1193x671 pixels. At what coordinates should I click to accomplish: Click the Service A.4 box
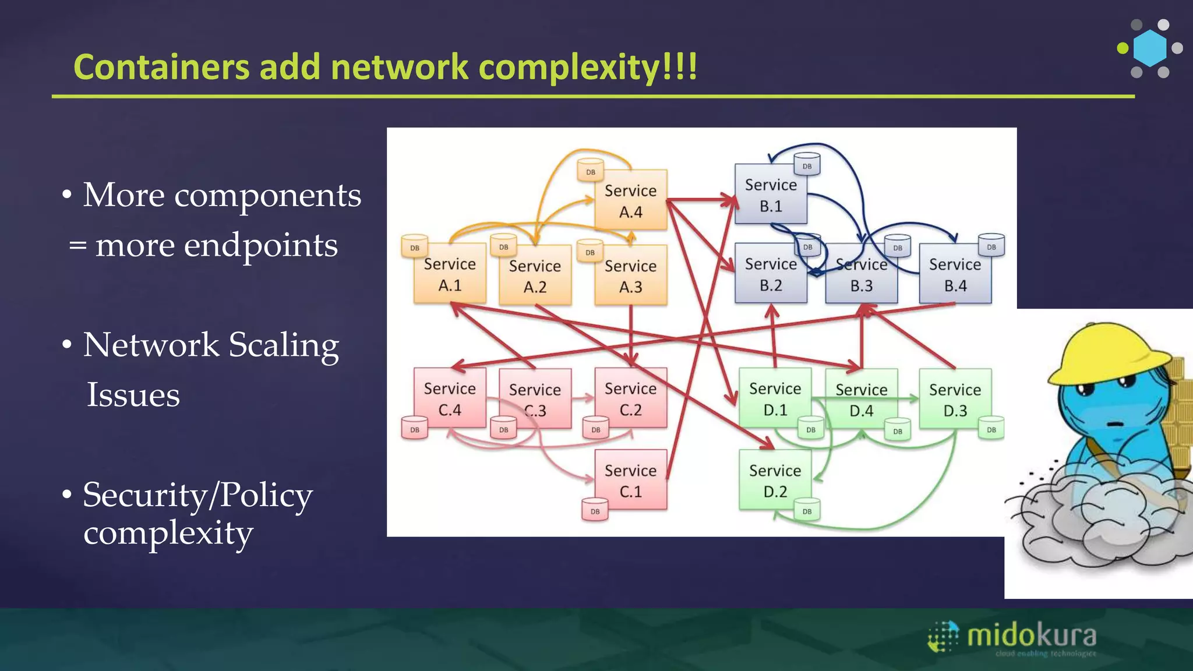click(x=630, y=201)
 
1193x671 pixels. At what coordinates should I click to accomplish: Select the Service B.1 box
click(x=770, y=195)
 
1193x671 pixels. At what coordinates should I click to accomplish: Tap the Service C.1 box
click(x=630, y=481)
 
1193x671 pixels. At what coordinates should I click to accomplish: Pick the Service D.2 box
click(x=775, y=481)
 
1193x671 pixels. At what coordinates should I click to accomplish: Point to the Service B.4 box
click(x=955, y=274)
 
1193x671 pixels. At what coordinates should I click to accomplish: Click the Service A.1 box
click(x=449, y=274)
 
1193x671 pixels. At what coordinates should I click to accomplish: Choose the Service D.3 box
click(x=955, y=400)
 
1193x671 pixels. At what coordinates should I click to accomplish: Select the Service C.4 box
click(x=449, y=399)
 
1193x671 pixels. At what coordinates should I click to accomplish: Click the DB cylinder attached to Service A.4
click(x=591, y=170)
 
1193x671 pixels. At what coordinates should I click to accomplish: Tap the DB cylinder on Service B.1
click(x=807, y=164)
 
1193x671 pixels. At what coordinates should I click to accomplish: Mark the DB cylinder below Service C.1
click(x=595, y=510)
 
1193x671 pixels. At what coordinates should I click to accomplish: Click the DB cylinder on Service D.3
click(x=991, y=428)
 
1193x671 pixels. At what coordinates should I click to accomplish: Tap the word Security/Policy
click(x=197, y=495)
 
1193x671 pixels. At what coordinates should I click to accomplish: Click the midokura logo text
click(x=1031, y=635)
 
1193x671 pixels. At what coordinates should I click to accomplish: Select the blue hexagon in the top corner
click(x=1150, y=48)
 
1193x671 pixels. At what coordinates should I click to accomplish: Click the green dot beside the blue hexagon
click(x=1123, y=48)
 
